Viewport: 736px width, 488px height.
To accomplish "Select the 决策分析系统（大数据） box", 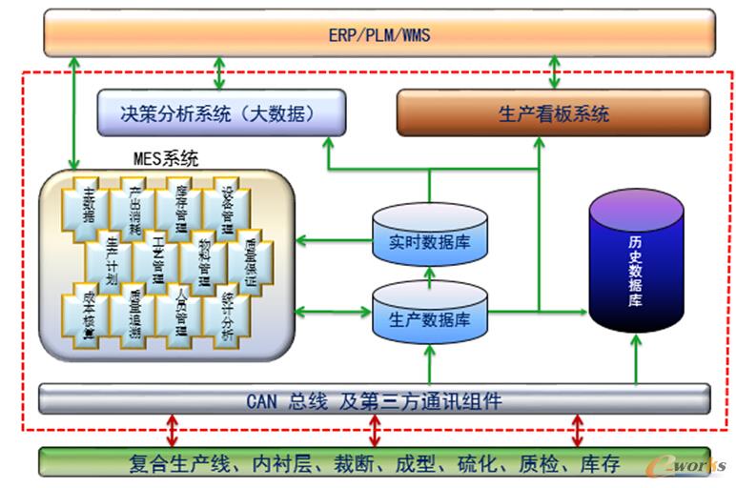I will point(220,113).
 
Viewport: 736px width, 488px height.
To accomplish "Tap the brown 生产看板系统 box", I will point(553,113).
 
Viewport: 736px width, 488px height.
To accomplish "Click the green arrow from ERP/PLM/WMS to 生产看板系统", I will point(554,71).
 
